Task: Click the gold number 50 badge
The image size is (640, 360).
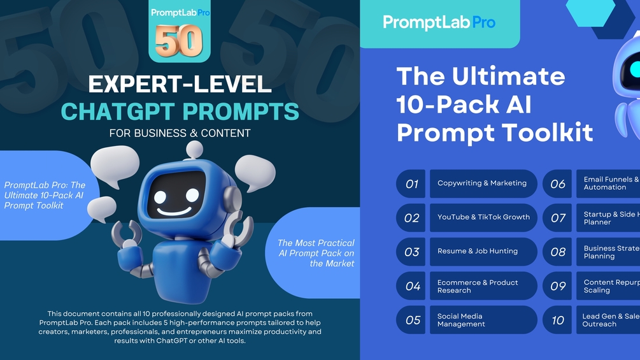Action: tap(179, 41)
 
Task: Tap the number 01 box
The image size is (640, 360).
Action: tap(411, 184)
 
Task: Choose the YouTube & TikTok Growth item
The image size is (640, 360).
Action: tap(483, 217)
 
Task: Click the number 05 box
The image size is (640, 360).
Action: tap(413, 320)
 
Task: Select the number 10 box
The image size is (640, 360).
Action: tap(558, 320)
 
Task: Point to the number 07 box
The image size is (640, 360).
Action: tap(558, 218)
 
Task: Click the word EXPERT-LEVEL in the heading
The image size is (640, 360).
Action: tap(180, 84)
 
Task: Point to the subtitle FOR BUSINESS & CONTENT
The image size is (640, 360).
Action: tap(180, 133)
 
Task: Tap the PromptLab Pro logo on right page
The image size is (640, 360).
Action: tap(439, 23)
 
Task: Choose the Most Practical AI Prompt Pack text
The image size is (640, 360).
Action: tap(316, 253)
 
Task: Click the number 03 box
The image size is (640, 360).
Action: tap(411, 252)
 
